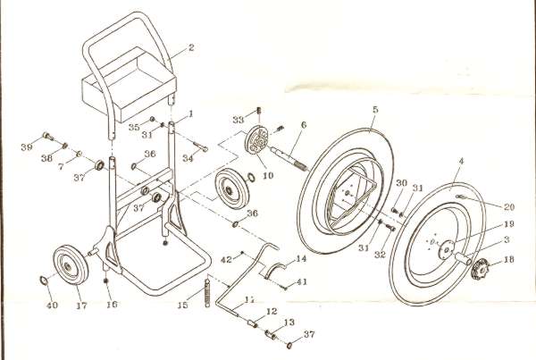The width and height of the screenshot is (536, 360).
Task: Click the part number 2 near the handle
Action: [x=190, y=47]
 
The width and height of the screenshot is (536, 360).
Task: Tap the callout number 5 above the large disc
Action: [x=376, y=110]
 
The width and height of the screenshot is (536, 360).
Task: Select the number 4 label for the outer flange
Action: [x=461, y=163]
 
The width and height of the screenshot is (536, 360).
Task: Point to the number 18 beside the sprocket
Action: [x=510, y=261]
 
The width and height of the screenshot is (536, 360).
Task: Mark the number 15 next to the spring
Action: [x=184, y=306]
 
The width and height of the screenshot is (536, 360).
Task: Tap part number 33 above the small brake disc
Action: [x=238, y=121]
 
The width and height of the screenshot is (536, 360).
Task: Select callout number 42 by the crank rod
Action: [x=227, y=258]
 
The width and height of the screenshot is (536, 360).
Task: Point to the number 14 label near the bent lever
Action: [x=300, y=258]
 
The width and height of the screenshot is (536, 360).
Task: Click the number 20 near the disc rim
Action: [x=509, y=205]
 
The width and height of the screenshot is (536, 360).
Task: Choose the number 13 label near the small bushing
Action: [x=288, y=322]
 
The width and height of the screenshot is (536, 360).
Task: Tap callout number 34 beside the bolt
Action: [x=188, y=157]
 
